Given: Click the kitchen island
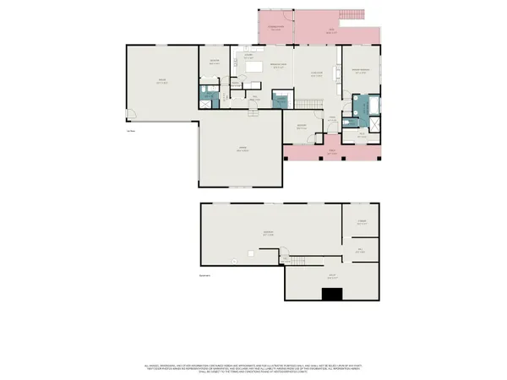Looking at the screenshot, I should click(x=255, y=67).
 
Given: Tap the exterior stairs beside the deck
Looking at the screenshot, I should click(x=352, y=16).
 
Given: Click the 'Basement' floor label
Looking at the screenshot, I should click(x=203, y=276).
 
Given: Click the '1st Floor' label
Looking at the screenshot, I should click(x=131, y=131).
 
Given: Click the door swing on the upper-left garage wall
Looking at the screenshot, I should click(x=131, y=113).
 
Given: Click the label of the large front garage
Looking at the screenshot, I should click(x=242, y=149).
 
